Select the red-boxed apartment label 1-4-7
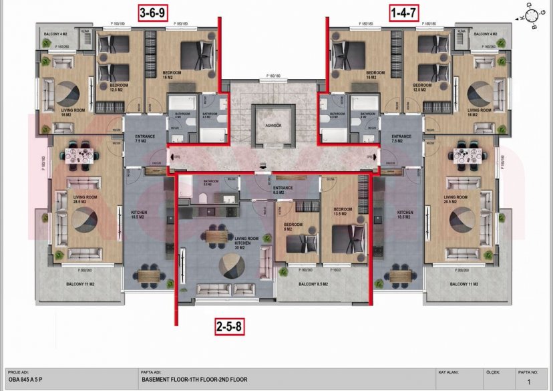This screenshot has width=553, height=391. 404,12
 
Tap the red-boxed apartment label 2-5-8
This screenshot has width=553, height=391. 229,327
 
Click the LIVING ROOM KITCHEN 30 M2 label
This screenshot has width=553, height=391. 246,243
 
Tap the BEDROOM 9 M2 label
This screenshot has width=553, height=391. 294,227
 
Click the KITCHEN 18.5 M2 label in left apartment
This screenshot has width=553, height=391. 139,215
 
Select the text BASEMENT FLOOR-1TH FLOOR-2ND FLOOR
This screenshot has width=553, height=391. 194,380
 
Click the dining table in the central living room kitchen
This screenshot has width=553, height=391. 217,236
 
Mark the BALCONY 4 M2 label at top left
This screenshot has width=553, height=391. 57,33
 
